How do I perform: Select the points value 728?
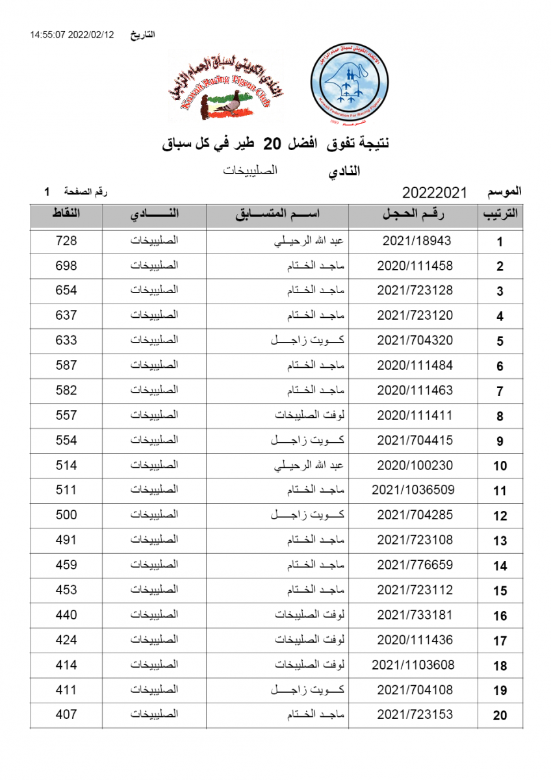point(66,240)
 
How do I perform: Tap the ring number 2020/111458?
point(415,266)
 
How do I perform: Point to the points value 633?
point(66,340)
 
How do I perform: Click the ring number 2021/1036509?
point(413,489)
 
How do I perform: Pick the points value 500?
point(66,515)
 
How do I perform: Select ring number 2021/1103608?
point(413,664)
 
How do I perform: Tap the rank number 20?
point(500,716)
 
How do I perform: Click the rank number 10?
point(500,466)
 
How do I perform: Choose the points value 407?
point(66,714)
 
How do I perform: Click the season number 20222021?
point(435,192)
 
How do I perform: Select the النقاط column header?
point(66,214)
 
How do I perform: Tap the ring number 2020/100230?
point(415,465)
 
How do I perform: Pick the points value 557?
point(66,415)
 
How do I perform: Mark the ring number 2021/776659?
point(415,565)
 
